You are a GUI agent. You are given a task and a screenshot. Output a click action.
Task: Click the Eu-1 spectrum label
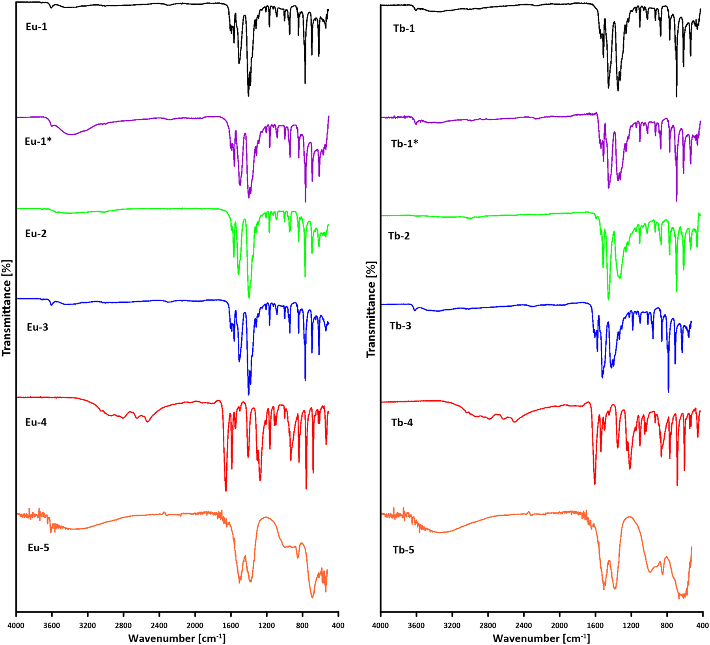coord(36,27)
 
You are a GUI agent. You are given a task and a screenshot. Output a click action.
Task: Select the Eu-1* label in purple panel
coord(38,141)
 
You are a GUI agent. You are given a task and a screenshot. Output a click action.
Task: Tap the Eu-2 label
coord(36,233)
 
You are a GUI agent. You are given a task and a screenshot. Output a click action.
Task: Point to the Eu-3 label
coord(37,327)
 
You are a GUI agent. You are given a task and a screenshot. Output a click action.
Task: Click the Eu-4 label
coord(36,422)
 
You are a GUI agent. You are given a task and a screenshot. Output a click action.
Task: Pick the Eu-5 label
coord(38,548)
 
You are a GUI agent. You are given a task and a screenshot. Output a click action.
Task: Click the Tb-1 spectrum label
coord(404,28)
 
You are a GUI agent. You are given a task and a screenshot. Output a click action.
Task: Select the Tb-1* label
coord(404,144)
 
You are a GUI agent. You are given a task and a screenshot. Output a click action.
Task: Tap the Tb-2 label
coord(399,236)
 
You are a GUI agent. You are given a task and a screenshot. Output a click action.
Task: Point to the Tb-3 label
coord(401,326)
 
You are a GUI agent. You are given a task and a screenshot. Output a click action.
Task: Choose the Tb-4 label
coord(402,423)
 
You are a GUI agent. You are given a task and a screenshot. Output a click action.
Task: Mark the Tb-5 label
coord(403,550)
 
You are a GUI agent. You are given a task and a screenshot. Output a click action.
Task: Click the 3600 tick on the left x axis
coord(52,625)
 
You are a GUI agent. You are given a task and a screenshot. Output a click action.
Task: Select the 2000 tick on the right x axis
coord(559,625)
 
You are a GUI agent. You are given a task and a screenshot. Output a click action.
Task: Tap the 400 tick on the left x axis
coord(338,625)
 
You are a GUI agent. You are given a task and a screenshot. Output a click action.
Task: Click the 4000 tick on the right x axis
coord(380,625)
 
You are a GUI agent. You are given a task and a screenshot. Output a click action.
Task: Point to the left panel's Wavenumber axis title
coord(177,638)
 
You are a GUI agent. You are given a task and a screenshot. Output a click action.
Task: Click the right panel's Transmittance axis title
coord(371,309)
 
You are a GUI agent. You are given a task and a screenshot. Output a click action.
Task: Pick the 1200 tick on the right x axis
coord(631,625)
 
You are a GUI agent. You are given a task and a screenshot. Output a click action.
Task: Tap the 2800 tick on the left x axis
coord(123,625)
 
